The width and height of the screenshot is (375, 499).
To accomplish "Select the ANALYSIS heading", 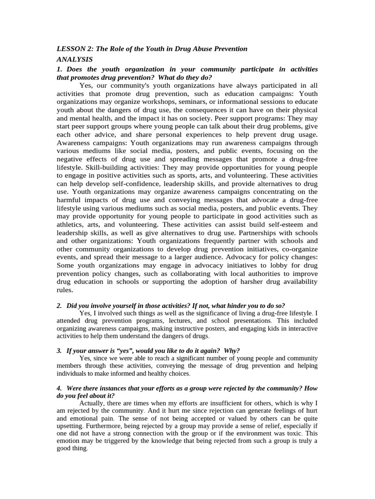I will [x=75, y=59].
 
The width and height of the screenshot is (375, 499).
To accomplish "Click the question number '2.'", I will [x=59, y=306].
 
